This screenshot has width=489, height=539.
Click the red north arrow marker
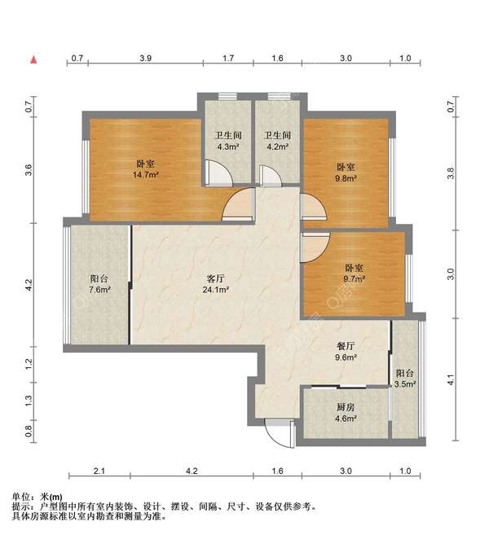tap(33, 59)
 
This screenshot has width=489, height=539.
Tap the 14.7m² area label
tap(146, 175)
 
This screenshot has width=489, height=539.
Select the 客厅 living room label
tap(216, 278)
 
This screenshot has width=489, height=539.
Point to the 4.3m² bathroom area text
tap(228, 147)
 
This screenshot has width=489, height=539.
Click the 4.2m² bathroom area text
tap(277, 147)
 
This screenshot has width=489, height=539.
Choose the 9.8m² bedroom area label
tap(346, 178)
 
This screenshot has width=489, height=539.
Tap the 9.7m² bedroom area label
tap(354, 278)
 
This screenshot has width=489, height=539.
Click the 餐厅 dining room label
tap(346, 346)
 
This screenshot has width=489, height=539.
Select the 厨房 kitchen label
tap(346, 407)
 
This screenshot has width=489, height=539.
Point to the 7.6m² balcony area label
tap(99, 290)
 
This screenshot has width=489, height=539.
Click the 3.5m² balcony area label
tap(405, 384)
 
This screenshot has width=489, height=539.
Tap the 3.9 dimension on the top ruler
tap(146, 58)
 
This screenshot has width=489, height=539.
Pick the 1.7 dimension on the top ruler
tap(228, 58)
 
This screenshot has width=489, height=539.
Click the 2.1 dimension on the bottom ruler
tap(99, 471)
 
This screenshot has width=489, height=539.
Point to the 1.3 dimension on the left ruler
tap(29, 401)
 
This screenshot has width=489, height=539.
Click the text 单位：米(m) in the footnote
tap(37, 497)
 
